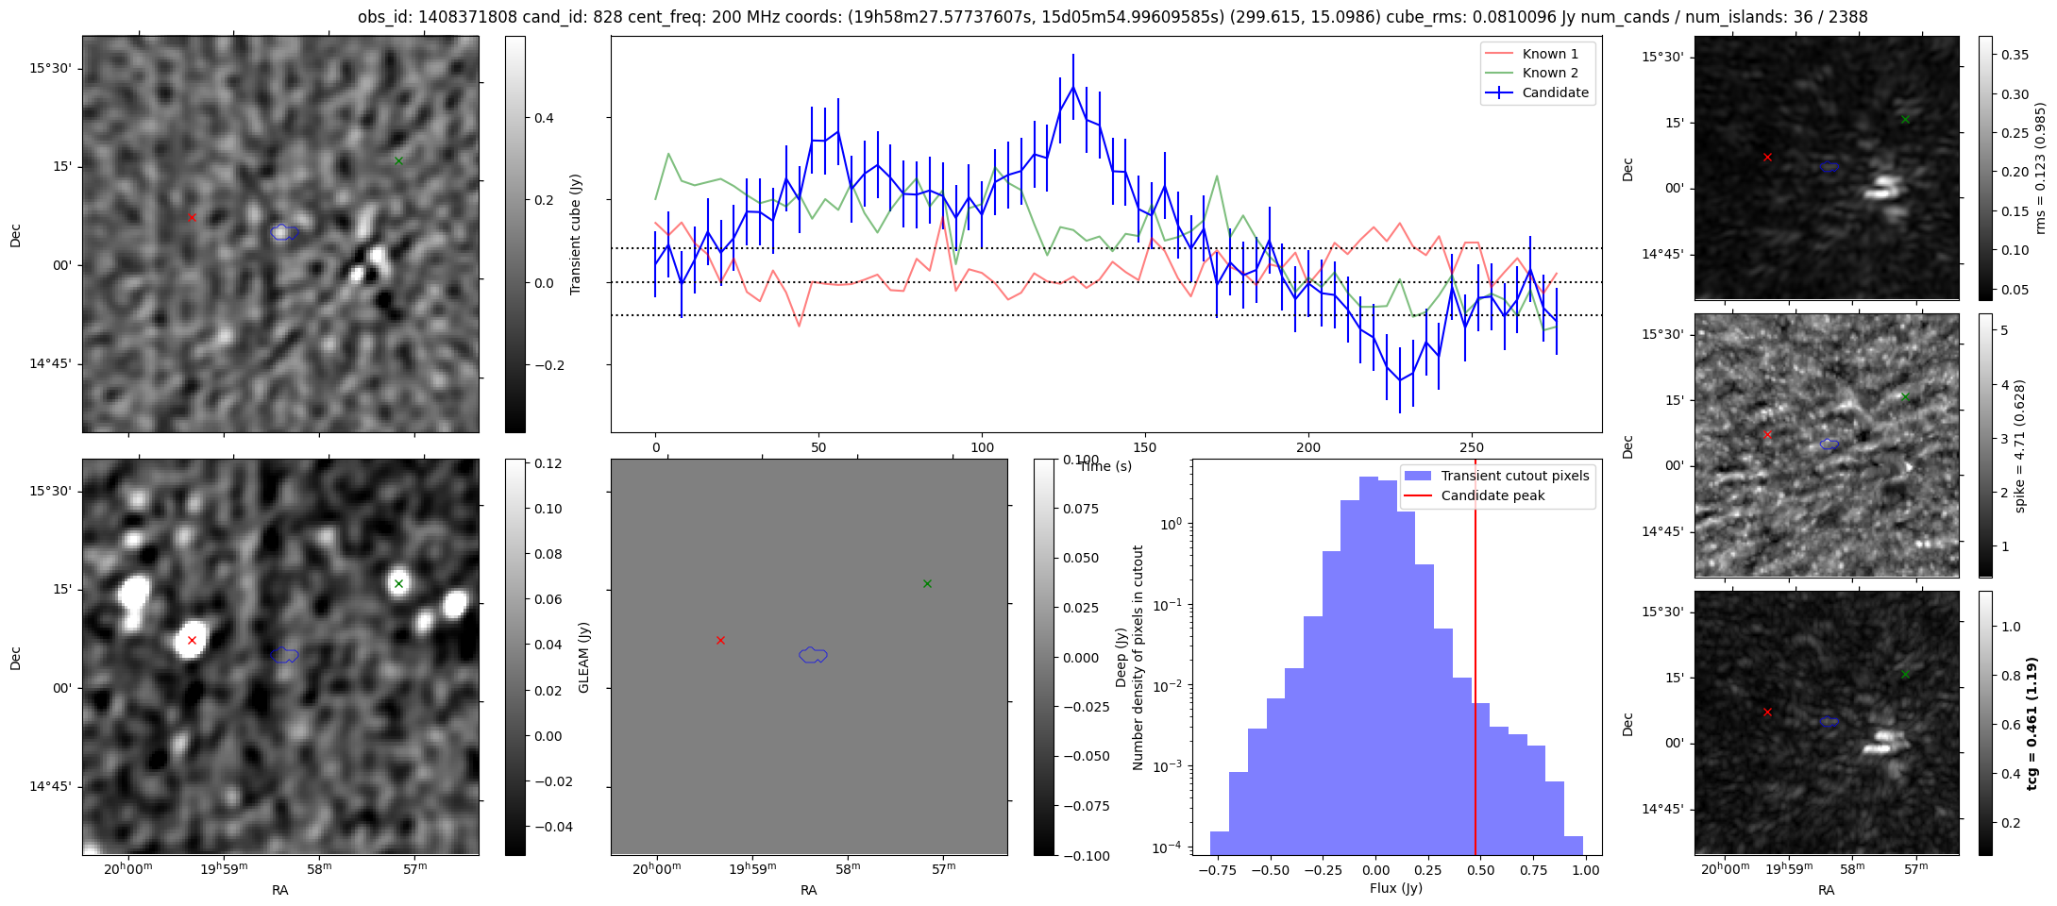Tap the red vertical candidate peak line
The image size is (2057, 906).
pos(1475,661)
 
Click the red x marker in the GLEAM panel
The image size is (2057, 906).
pos(192,640)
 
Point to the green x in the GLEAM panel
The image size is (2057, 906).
pos(398,583)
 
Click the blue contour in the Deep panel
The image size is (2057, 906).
pos(813,655)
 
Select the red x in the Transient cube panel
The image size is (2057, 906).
pos(192,217)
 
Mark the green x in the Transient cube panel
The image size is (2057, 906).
pos(398,160)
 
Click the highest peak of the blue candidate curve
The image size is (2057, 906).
pos(1073,87)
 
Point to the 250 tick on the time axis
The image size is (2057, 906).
pos(1472,447)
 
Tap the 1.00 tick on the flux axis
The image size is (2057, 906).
pos(1586,870)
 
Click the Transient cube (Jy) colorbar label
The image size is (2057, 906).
pos(575,234)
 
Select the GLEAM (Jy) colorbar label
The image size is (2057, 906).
pos(583,657)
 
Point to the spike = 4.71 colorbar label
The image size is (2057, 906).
pos(2019,445)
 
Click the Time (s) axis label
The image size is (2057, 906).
pos(1105,466)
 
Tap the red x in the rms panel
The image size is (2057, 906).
pos(1767,157)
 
